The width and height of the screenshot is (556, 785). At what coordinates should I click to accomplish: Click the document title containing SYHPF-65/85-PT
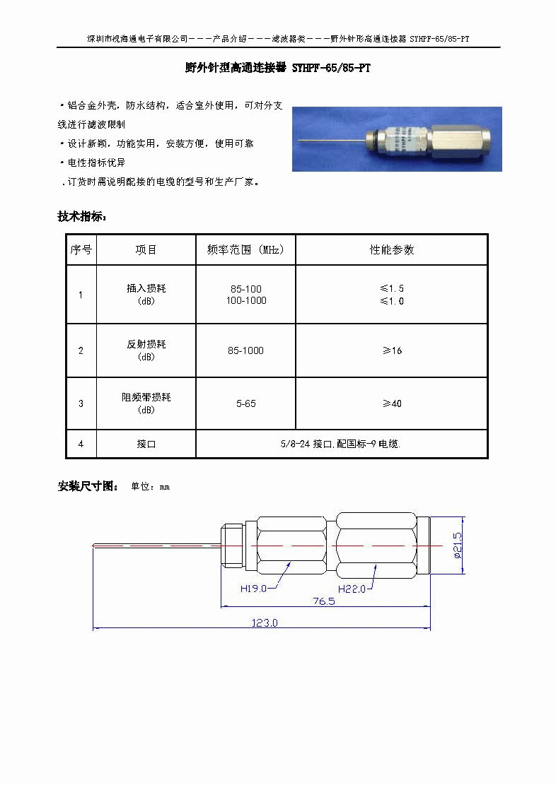tap(277, 69)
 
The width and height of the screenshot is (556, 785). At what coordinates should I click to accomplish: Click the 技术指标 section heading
tap(82, 217)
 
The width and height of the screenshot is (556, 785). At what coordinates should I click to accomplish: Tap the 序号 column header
tap(81, 249)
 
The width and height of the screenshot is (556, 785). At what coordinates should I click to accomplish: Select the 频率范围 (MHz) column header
tap(245, 249)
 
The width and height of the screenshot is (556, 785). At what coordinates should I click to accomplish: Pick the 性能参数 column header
tap(391, 249)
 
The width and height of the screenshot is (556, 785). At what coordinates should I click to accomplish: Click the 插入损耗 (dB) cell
tap(146, 294)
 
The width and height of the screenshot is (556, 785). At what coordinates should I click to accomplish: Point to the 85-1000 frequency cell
tap(245, 350)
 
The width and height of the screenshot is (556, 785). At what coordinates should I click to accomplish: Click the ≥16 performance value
tap(391, 350)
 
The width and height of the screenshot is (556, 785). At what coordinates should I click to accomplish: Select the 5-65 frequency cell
tap(245, 403)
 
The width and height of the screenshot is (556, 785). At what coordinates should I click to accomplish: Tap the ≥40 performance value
tap(391, 403)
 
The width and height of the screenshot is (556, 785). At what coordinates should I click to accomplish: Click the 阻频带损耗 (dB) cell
tap(146, 403)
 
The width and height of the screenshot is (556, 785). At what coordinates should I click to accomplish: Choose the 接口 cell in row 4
tap(146, 444)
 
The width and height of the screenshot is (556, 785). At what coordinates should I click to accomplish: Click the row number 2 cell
tap(81, 350)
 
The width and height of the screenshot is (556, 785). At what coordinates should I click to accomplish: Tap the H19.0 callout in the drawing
tap(253, 588)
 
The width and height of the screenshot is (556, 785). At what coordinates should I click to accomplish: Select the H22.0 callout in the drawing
tap(351, 588)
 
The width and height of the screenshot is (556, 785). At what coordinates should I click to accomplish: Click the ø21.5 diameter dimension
tap(457, 544)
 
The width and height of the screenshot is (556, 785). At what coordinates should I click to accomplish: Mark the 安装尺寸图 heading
tap(88, 486)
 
